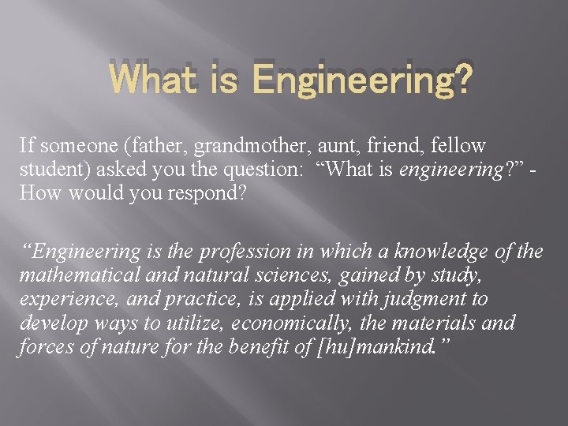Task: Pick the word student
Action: coord(49,170)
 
